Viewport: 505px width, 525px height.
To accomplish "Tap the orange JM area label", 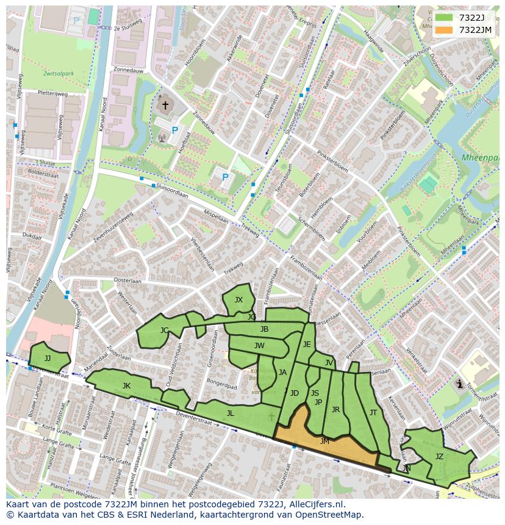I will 324,441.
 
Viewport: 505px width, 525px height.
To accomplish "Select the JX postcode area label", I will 238,299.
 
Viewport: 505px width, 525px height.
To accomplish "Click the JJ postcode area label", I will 48,358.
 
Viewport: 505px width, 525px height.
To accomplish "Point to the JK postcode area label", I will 126,385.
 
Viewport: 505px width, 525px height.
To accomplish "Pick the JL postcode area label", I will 230,413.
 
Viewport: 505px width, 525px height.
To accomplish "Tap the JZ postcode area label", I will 439,456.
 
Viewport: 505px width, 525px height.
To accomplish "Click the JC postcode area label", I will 164,330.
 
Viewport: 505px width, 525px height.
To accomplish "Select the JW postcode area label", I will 259,345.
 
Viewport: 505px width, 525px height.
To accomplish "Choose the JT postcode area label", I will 373,413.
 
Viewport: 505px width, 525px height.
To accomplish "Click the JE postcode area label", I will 307,344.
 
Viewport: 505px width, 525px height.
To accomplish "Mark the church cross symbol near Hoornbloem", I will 165,105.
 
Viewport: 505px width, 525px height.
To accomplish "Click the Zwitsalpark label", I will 59,73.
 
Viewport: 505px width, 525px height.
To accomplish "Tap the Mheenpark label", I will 479,157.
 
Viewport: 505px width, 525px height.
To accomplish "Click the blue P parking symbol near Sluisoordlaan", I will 225,177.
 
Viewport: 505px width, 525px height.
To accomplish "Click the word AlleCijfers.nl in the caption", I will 317,504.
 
